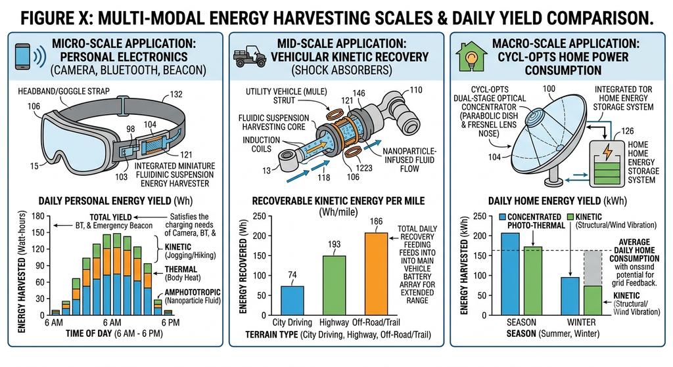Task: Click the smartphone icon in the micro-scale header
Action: pos(23,56)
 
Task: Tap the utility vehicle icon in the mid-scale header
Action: pos(250,56)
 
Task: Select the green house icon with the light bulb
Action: pos(471,56)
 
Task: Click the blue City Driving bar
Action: pos(292,301)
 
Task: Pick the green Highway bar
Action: pos(334,286)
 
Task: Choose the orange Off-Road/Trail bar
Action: pos(376,274)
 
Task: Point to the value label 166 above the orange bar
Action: pos(376,221)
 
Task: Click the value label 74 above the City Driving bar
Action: pos(292,275)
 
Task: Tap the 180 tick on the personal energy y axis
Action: pos(38,216)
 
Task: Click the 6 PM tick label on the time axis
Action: pos(170,322)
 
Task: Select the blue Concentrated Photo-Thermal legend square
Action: pos(503,217)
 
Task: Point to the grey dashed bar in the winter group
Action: pos(593,268)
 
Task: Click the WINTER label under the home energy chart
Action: pos(581,322)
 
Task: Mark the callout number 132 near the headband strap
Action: pos(176,95)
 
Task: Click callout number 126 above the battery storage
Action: pos(627,131)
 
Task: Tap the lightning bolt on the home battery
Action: pos(607,152)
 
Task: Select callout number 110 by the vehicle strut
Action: pos(415,90)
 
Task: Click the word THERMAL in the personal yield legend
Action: pos(181,270)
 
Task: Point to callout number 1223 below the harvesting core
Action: pos(363,168)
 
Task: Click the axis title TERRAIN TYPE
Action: pos(271,334)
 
